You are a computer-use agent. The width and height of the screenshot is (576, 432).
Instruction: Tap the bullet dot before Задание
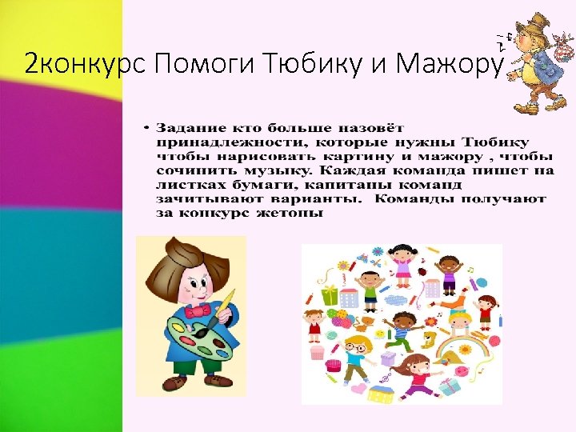coord(147,128)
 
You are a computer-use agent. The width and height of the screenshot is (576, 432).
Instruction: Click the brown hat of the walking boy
coord(531,24)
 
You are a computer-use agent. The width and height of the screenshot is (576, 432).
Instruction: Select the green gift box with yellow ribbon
coord(330,295)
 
